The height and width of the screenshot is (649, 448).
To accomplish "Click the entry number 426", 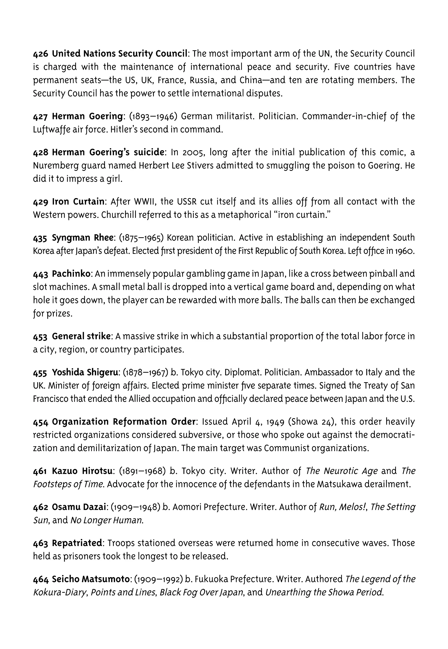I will coord(41,53).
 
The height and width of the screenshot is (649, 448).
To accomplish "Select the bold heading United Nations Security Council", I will coord(120,53).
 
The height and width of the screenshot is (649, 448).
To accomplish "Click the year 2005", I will coord(193,152).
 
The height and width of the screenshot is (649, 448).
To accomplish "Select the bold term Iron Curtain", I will coord(78,201).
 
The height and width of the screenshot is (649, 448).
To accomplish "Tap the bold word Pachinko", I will coord(71,273).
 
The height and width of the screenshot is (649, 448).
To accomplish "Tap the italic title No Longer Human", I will coord(107,520).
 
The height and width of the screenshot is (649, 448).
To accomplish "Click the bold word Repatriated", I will coord(77,543).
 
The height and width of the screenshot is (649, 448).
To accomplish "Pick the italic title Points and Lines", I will coord(123,592).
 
